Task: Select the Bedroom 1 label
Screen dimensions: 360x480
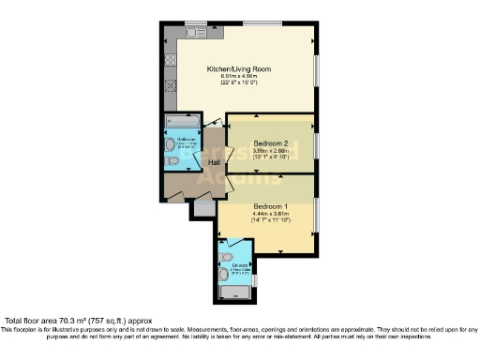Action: [x=269, y=204]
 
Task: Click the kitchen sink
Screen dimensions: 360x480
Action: [x=195, y=33]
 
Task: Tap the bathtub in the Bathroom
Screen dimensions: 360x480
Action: [x=181, y=122]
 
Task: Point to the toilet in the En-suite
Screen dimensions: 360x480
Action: [x=228, y=256]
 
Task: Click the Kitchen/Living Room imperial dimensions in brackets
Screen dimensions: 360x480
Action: [x=241, y=83]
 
